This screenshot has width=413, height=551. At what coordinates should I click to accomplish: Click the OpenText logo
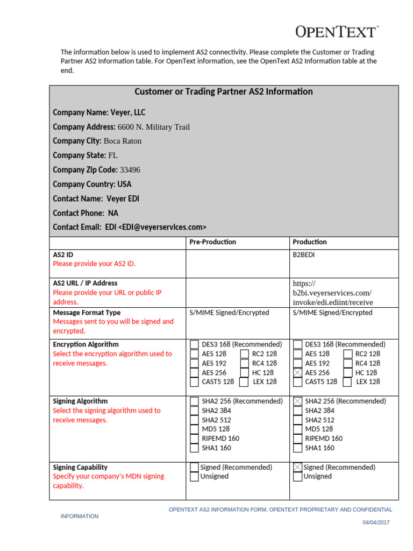(336, 32)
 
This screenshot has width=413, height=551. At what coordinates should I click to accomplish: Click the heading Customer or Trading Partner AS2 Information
(223, 92)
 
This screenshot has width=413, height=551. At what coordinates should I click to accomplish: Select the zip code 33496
(130, 170)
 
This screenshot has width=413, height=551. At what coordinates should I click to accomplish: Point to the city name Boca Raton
(123, 142)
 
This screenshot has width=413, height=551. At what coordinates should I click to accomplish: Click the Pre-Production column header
(212, 242)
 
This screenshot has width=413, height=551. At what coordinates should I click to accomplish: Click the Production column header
(310, 242)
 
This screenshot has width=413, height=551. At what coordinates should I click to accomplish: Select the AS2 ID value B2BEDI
(304, 255)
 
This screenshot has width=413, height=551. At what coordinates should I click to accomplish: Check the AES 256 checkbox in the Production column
(297, 373)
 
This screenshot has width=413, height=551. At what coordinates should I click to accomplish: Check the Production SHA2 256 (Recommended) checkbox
(297, 401)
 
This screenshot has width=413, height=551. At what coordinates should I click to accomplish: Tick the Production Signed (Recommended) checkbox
(297, 468)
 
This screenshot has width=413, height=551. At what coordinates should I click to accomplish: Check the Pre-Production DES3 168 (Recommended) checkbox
(194, 344)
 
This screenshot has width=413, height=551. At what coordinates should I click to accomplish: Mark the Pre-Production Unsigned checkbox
(194, 477)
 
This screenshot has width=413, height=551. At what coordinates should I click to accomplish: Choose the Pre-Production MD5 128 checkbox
(194, 429)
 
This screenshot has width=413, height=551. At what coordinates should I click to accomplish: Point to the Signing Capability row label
(80, 468)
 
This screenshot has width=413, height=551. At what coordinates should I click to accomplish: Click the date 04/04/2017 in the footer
(376, 522)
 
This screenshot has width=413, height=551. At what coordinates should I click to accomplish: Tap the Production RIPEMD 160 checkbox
(297, 439)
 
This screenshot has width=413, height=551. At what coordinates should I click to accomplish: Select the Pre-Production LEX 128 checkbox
(244, 382)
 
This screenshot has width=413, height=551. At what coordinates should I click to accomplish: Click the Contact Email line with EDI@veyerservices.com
(130, 228)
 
